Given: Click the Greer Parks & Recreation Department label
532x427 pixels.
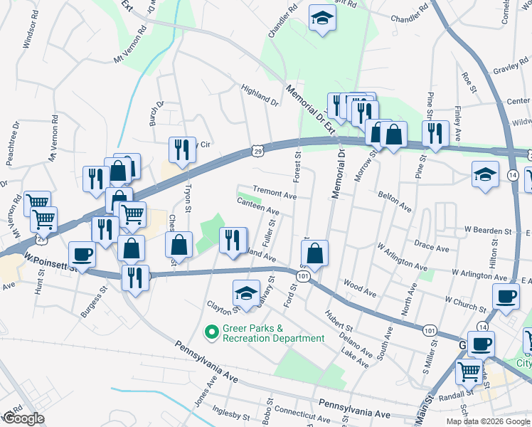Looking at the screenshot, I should pyautogui.click(x=273, y=333).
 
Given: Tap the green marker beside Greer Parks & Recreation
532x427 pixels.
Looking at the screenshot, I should pyautogui.click(x=211, y=331).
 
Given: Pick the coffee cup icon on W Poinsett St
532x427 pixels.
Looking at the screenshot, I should pyautogui.click(x=83, y=255).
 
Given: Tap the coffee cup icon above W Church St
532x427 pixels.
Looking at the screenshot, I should pyautogui.click(x=506, y=295).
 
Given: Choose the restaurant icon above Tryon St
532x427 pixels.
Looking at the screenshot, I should pyautogui.click(x=181, y=149).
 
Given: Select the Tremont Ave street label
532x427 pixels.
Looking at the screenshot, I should pyautogui.click(x=275, y=194).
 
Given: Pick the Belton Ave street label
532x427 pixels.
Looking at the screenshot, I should pyautogui.click(x=395, y=201).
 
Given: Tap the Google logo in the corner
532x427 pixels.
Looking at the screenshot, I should pyautogui.click(x=23, y=418).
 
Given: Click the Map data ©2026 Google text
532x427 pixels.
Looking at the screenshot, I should pyautogui.click(x=487, y=421).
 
